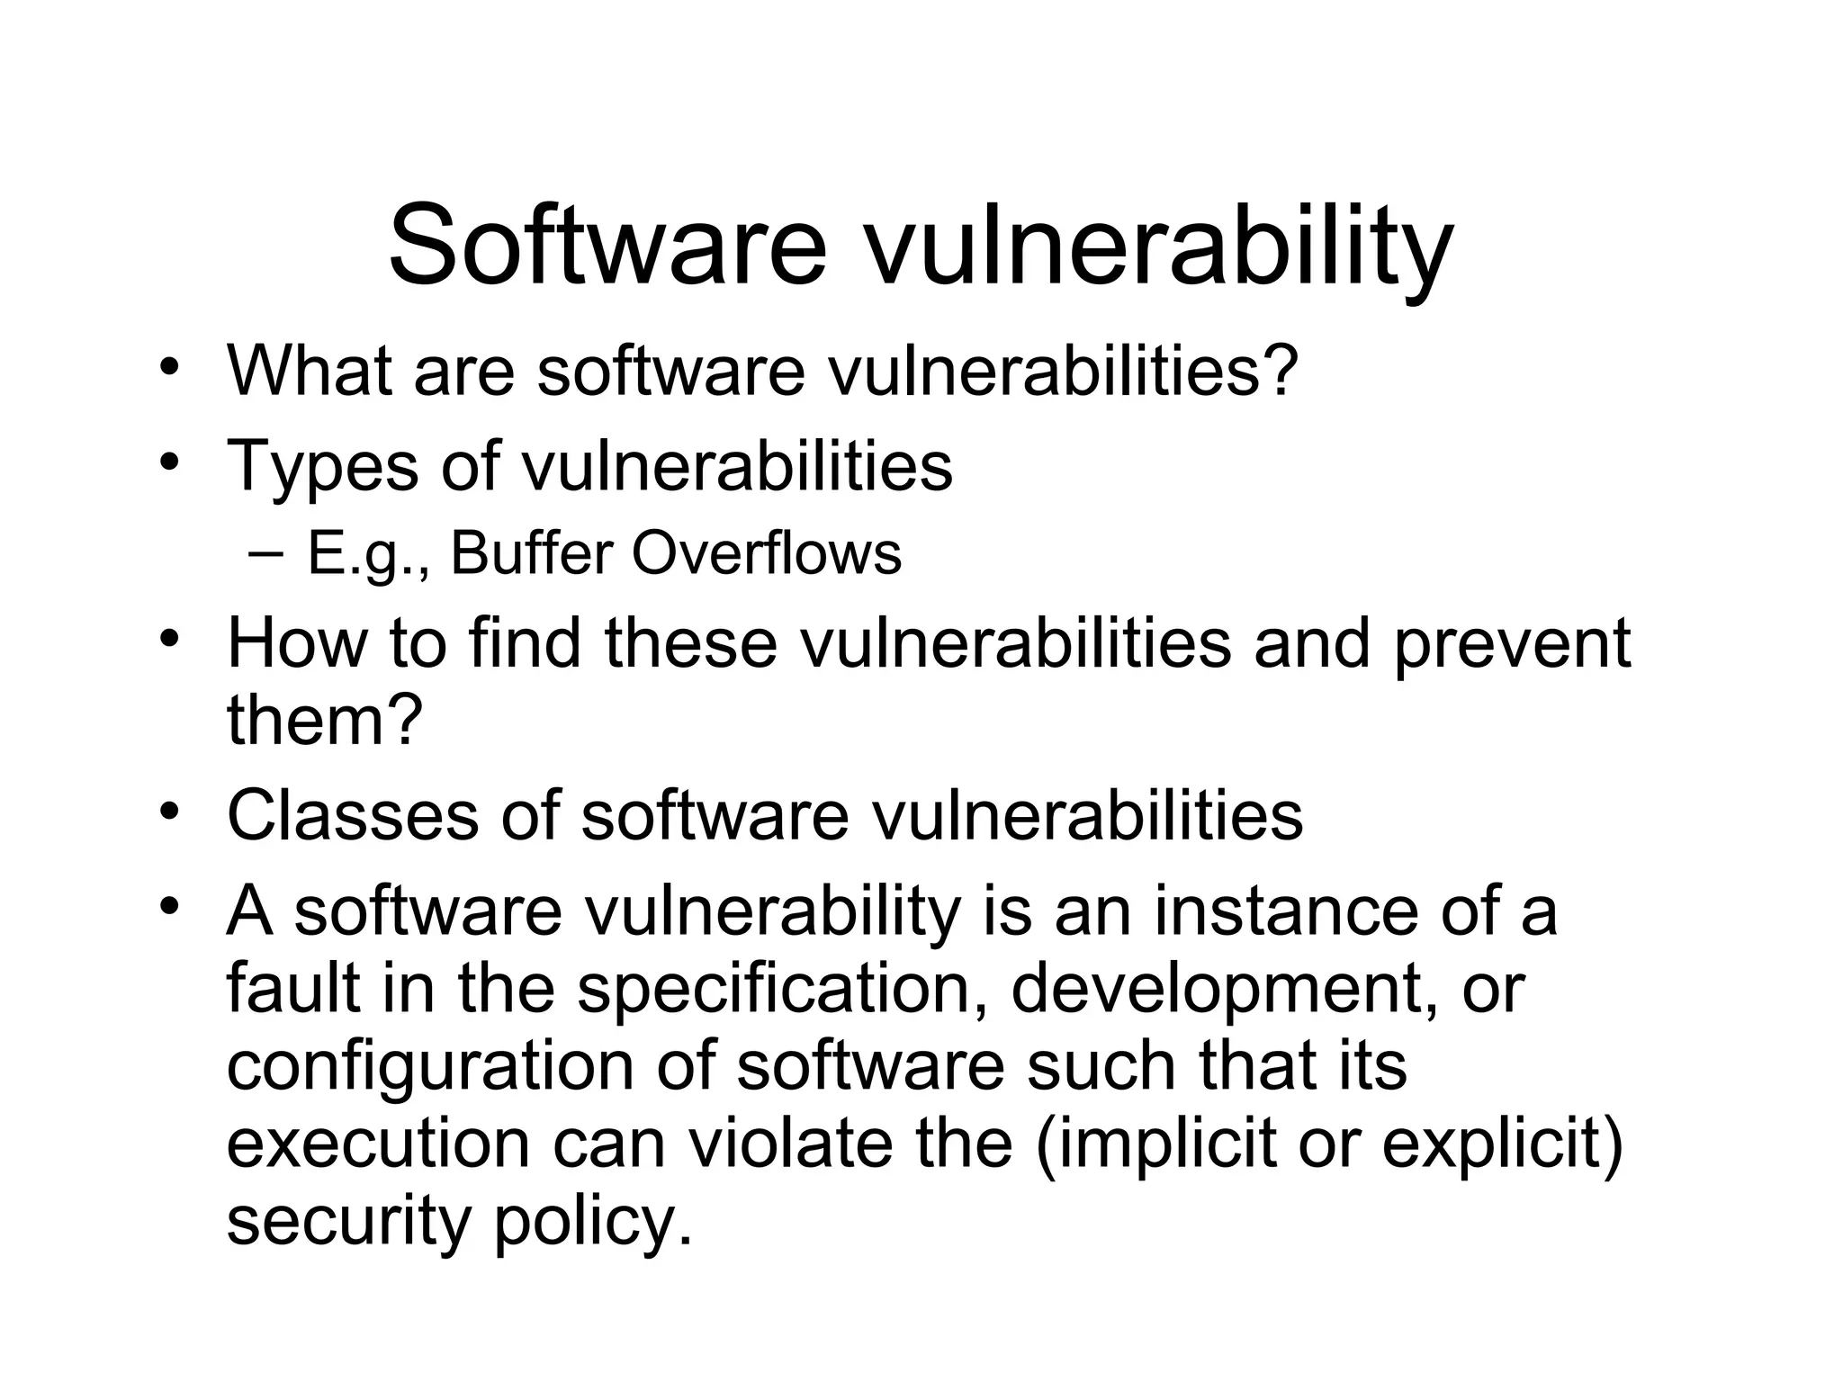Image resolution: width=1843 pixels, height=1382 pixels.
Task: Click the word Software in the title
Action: (x=607, y=245)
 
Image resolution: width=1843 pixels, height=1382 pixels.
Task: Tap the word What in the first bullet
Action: (x=310, y=369)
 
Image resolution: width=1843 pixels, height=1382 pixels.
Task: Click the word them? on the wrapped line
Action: (x=325, y=720)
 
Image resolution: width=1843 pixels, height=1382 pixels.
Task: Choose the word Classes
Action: (x=352, y=815)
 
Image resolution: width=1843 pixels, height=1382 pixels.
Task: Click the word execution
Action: (x=378, y=1144)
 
